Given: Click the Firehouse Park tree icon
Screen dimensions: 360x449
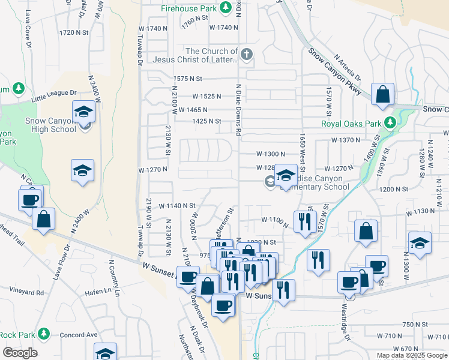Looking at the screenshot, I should click(x=226, y=8).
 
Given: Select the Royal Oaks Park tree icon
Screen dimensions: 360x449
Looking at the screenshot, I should click(x=391, y=123).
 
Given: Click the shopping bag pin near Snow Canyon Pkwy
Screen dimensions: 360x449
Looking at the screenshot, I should click(x=382, y=94).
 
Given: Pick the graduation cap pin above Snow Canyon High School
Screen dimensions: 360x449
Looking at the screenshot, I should click(x=83, y=111).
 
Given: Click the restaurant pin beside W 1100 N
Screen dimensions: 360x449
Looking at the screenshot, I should click(x=305, y=221).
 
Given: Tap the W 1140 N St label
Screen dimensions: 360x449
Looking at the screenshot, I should click(x=177, y=206).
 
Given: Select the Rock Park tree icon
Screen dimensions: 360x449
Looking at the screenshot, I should click(x=43, y=334).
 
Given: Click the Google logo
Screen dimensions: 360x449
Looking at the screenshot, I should click(x=20, y=353).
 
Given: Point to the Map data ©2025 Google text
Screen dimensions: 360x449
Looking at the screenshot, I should click(x=412, y=355).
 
